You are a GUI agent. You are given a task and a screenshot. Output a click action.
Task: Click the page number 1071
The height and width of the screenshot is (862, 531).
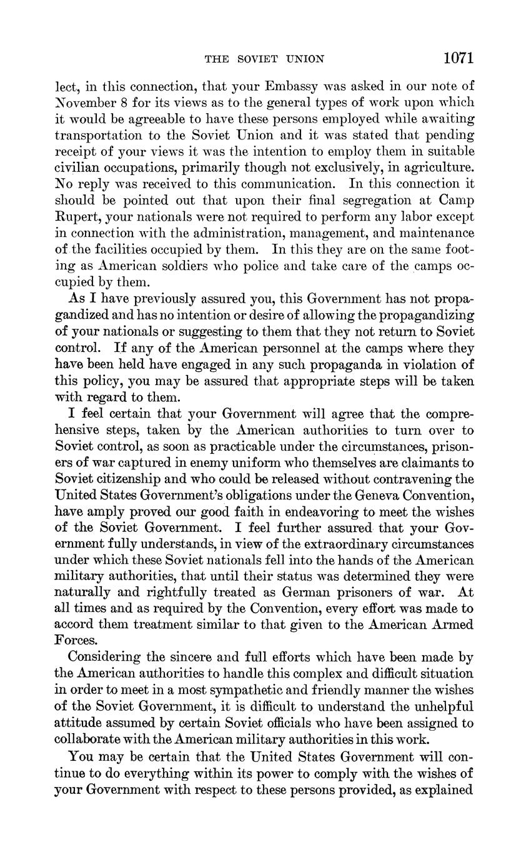pyautogui.click(x=459, y=58)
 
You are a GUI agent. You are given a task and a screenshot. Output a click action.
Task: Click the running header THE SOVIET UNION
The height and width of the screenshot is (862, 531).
pyautogui.click(x=265, y=59)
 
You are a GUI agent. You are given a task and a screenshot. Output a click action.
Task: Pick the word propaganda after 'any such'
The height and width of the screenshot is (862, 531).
pyautogui.click(x=337, y=364)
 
